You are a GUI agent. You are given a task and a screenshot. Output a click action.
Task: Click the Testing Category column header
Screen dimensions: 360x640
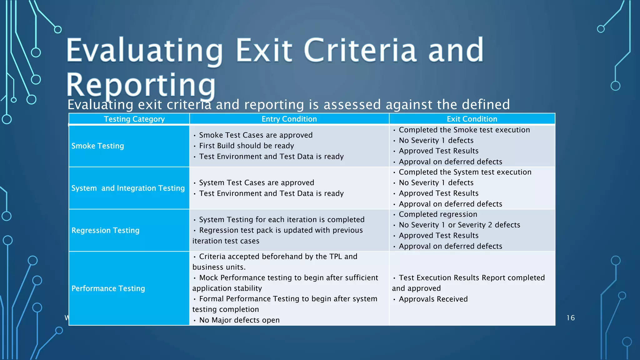pos(134,119)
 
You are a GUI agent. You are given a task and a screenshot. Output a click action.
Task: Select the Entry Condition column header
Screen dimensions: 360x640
pos(289,119)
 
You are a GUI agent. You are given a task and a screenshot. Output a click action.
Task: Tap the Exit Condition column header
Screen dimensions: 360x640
pos(472,119)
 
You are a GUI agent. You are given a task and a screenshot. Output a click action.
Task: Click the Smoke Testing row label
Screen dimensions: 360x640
pos(98,146)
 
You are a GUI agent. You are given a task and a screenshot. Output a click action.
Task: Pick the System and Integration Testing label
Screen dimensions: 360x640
pos(128,188)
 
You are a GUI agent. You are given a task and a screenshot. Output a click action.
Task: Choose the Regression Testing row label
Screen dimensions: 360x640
pos(106,230)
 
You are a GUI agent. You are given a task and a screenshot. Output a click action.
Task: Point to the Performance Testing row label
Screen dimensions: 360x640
pos(108,288)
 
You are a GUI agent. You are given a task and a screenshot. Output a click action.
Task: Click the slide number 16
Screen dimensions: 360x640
pos(571,318)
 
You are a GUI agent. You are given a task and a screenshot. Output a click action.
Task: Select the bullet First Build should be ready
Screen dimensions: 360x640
pos(247,146)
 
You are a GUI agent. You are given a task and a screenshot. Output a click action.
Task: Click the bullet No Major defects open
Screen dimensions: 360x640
pos(239,320)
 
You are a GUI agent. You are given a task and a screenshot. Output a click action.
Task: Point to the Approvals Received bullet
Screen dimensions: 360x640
pos(433,299)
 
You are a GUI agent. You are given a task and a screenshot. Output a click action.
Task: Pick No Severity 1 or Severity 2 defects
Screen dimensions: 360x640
pos(459,225)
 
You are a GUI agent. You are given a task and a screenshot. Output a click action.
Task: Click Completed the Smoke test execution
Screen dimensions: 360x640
pos(464,130)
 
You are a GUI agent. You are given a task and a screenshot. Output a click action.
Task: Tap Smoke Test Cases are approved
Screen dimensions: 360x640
pos(256,135)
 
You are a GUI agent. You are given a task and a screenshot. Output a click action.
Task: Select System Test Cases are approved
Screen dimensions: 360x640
pos(257,183)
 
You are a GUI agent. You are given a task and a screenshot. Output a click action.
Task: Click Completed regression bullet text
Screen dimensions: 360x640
pos(438,214)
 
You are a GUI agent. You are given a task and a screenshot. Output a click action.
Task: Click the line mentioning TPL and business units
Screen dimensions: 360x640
pos(278,257)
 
